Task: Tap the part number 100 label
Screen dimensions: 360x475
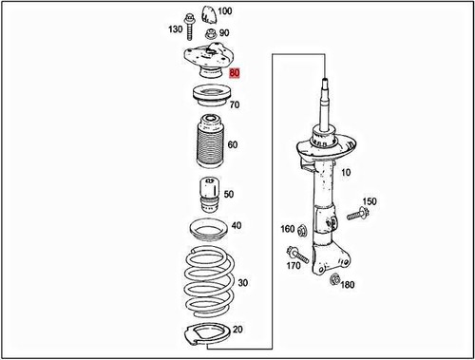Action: click(x=224, y=12)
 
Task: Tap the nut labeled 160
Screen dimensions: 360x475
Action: click(x=301, y=229)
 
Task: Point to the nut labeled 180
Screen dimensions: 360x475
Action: click(x=333, y=279)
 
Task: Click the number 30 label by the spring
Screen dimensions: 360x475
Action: click(x=242, y=283)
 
